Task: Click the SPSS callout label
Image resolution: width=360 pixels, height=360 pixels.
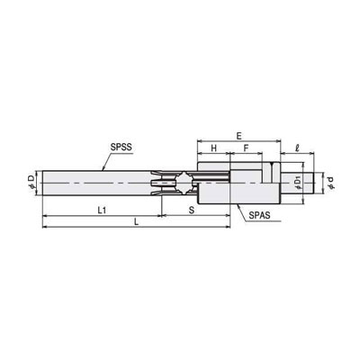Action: tap(121, 148)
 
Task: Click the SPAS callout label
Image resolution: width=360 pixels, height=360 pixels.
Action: tap(259, 215)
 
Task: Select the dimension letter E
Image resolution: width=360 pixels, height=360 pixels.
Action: tap(238, 136)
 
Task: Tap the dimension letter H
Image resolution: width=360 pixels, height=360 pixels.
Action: tap(213, 148)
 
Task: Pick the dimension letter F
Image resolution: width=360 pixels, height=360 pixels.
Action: tap(246, 148)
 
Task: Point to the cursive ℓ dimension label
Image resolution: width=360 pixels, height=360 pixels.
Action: tap(297, 148)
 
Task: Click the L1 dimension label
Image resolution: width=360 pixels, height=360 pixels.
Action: tap(102, 211)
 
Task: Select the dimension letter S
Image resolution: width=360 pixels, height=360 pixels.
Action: tap(192, 211)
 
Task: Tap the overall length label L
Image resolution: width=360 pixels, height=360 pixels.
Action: tap(136, 222)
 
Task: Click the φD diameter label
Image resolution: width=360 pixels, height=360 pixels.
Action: tap(31, 183)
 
